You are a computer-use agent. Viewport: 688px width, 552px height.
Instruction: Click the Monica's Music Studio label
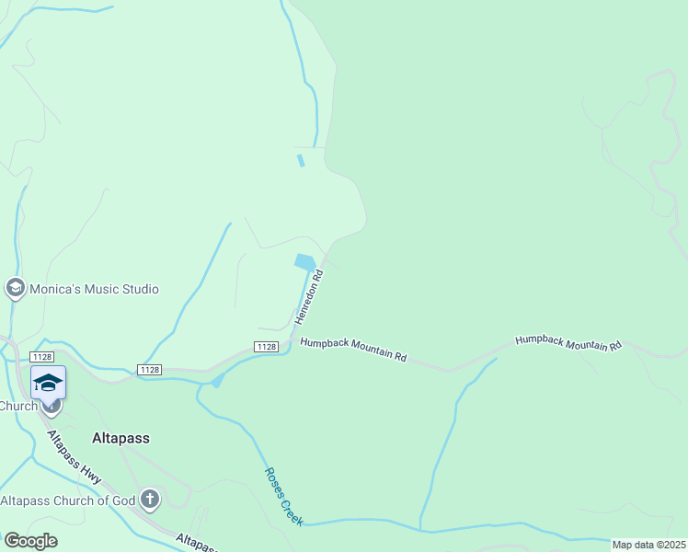point(95,289)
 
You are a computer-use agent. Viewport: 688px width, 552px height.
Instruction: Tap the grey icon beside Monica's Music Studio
point(15,289)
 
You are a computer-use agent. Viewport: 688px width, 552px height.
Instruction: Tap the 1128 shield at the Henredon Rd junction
point(266,347)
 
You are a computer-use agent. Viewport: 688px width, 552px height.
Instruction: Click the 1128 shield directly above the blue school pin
point(40,357)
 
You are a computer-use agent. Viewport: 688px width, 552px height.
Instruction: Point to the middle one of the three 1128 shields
point(150,370)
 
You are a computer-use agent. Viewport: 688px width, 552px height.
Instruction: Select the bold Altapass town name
point(120,438)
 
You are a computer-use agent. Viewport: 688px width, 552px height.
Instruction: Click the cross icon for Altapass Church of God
point(150,500)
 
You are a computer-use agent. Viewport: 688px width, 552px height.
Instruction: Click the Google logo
point(30,541)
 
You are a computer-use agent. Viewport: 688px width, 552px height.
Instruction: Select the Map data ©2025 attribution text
point(648,545)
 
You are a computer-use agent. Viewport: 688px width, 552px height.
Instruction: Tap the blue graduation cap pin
point(48,382)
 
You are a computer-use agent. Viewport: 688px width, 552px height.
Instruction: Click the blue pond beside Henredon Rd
point(305,262)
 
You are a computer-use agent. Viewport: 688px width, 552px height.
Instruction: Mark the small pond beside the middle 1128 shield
point(217,380)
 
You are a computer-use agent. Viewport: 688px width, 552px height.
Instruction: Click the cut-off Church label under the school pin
point(17,406)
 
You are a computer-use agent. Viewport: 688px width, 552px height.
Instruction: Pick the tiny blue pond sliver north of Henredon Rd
point(300,161)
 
